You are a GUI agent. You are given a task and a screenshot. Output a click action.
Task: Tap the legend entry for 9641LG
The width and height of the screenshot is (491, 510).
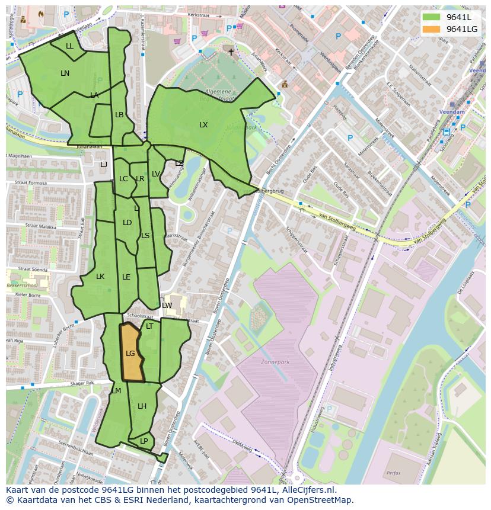pos(461,29)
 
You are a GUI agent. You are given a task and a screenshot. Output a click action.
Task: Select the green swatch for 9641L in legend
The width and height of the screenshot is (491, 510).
pos(431,17)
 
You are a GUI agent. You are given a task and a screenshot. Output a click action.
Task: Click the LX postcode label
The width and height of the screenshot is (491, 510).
pos(203,125)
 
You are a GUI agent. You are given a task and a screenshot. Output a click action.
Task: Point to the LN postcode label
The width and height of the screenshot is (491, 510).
pos(65,73)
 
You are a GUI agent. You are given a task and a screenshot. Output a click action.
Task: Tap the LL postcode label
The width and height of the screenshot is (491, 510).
pos(69,46)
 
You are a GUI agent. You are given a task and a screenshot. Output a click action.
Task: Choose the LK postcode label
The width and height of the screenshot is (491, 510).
pos(100,277)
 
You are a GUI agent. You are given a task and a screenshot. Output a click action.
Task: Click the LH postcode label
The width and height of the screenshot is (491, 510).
pos(142,406)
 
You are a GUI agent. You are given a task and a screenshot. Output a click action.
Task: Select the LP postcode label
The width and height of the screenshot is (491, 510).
pos(144,441)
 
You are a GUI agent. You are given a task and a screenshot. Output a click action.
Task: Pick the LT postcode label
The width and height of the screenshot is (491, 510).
pos(149,326)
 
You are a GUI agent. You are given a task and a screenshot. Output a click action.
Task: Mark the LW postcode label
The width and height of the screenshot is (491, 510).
pos(167,306)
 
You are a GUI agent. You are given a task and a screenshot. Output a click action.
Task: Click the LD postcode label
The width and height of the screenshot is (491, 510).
pos(127,223)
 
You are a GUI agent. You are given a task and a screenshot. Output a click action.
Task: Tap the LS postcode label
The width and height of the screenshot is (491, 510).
pos(145,236)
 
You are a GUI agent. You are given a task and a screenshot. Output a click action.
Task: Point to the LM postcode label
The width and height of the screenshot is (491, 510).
pos(116,391)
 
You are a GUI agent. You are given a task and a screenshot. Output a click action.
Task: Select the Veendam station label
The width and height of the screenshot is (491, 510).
pos(452,111)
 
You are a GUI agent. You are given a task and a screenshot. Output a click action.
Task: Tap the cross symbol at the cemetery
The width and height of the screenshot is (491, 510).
pos(231,52)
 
